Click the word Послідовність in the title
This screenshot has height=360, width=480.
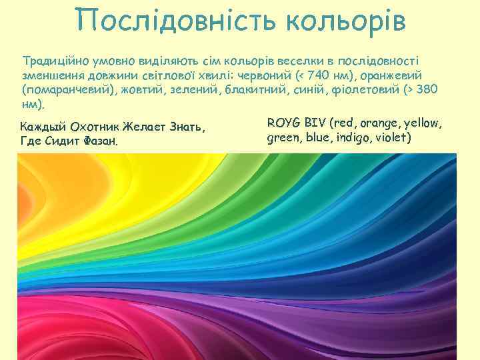(x=175, y=22)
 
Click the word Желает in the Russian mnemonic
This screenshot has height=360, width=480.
(x=148, y=126)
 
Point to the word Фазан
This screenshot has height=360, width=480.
(x=101, y=141)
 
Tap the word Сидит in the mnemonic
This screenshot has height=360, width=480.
(x=63, y=141)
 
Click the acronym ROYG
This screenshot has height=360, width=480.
(x=283, y=123)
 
